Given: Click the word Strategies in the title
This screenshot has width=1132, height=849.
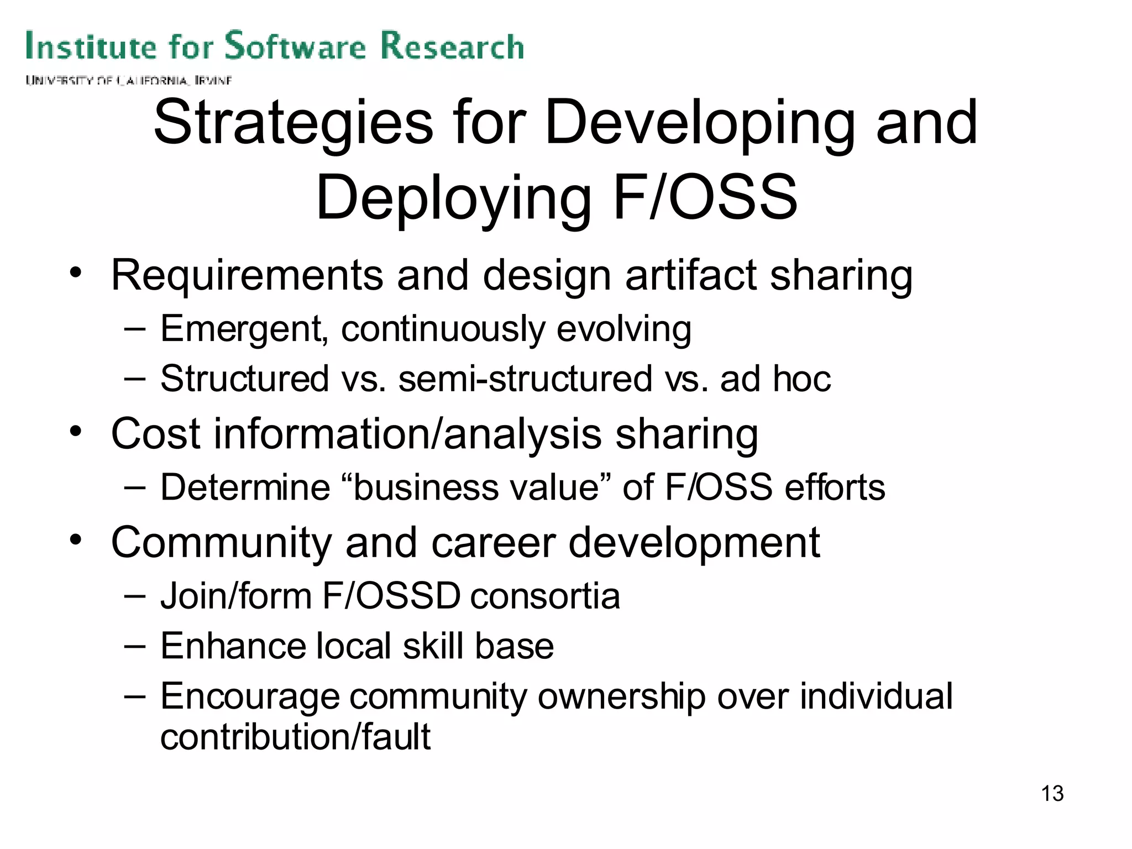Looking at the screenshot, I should click(x=293, y=123).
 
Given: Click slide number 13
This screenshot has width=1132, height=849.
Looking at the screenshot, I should click(x=1052, y=793).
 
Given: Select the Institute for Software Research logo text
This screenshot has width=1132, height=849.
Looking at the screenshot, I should click(x=275, y=46).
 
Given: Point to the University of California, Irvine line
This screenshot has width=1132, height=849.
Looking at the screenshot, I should click(x=128, y=81).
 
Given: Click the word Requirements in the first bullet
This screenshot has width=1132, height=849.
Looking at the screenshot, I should click(x=247, y=275).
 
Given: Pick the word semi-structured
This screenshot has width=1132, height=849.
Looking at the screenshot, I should click(x=525, y=379).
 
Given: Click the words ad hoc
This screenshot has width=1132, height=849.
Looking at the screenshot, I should click(x=775, y=379).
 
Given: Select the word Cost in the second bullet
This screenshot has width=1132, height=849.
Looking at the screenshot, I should click(x=155, y=433).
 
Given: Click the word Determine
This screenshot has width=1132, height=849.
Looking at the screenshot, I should click(x=245, y=487).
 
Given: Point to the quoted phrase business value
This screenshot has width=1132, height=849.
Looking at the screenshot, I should click(x=476, y=487).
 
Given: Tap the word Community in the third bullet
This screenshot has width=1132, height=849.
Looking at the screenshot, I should click(x=221, y=542).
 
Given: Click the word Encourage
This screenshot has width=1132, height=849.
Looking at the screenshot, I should click(x=249, y=696).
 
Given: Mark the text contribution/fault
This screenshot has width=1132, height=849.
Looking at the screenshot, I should click(x=295, y=737).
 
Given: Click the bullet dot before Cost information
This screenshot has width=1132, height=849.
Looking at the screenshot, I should click(x=76, y=431).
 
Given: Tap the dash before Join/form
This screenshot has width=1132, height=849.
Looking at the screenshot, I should click(x=134, y=595).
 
